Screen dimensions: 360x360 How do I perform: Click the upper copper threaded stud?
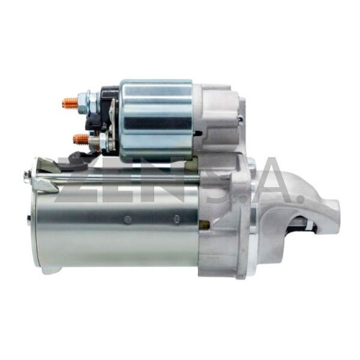pyautogui.click(x=70, y=103)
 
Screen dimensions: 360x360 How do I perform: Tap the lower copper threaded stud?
pyautogui.click(x=81, y=139)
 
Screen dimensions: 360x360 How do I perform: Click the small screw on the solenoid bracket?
pyautogui.click(x=240, y=120)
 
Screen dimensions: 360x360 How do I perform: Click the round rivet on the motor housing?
pyautogui.click(x=128, y=220)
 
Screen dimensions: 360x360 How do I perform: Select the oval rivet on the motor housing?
pyautogui.click(x=177, y=219)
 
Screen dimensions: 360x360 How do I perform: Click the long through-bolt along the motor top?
pyautogui.click(x=117, y=178)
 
